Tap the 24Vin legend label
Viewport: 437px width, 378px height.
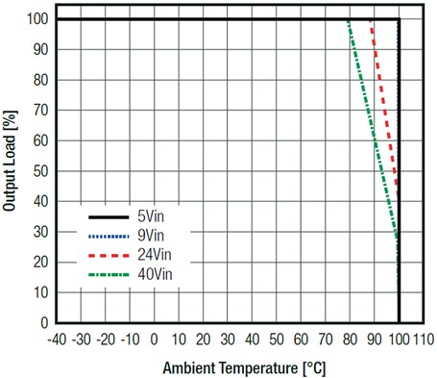coord(155,256)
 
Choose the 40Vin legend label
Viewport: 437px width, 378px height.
coord(155,275)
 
